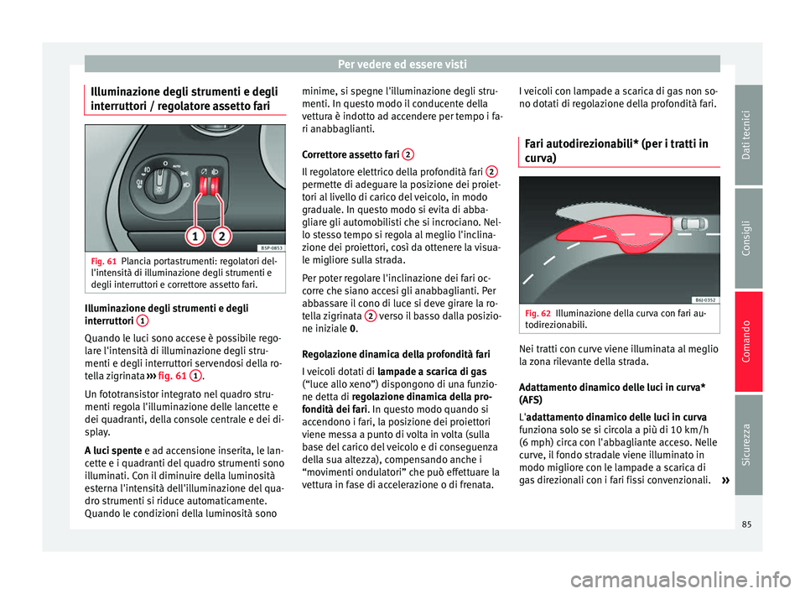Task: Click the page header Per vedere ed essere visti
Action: tap(402, 64)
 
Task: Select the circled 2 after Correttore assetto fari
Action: tap(405, 154)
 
